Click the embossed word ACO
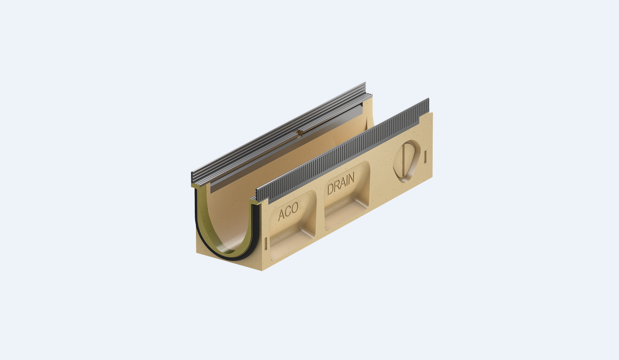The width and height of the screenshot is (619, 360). (x=288, y=211)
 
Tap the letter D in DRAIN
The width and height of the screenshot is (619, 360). (x=330, y=189)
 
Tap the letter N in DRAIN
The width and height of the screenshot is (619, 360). (x=351, y=179)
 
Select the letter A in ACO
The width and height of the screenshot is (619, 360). (x=281, y=215)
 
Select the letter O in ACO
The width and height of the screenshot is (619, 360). (x=295, y=208)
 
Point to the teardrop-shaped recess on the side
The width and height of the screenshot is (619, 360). (x=407, y=161)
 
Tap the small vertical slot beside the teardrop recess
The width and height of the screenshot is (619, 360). (x=425, y=156)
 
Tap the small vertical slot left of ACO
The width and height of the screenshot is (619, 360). (x=266, y=244)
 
